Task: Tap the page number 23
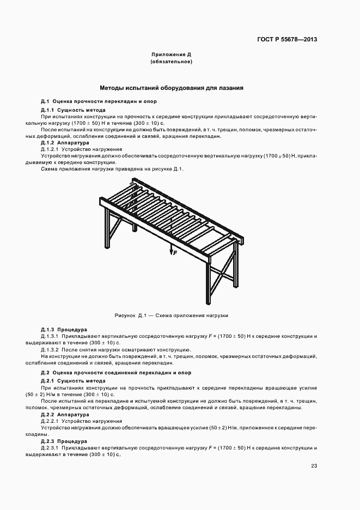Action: click(x=314, y=465)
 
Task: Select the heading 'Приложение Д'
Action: click(x=172, y=55)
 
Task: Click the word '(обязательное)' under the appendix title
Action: click(x=172, y=62)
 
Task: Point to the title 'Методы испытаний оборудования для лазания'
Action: click(x=172, y=87)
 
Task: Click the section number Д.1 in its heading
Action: click(x=45, y=102)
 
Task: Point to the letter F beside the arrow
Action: click(x=175, y=253)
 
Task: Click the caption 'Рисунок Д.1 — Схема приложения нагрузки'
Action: click(x=171, y=315)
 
